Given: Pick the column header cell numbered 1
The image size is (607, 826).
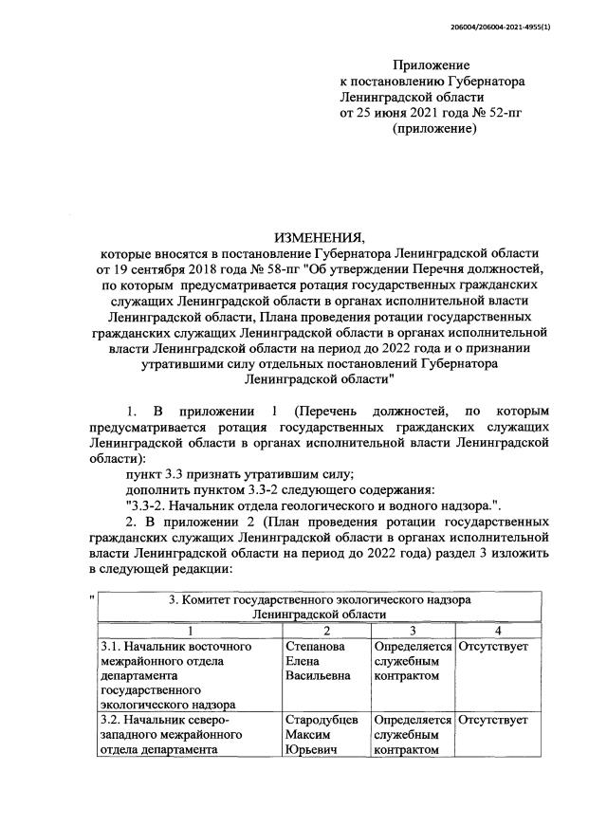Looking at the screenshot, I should pyautogui.click(x=190, y=630).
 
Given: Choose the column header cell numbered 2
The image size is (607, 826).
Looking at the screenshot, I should pyautogui.click(x=325, y=630).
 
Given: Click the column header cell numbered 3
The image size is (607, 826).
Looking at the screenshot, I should pyautogui.click(x=413, y=630).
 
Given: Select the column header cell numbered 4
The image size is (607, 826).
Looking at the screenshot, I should pyautogui.click(x=498, y=630).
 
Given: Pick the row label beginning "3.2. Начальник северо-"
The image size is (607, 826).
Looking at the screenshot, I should pyautogui.click(x=167, y=720).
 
